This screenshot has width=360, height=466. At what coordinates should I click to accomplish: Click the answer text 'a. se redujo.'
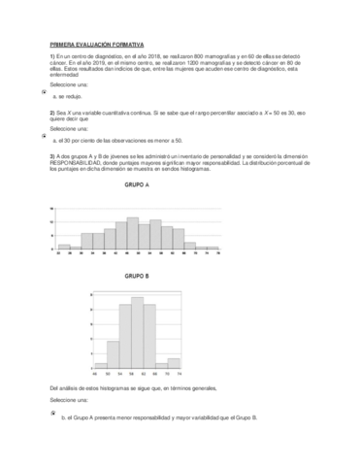coord(67,97)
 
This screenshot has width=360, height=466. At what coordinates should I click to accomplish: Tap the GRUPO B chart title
coord(137,278)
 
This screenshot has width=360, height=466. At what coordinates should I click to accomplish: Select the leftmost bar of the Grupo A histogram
coord(64,247)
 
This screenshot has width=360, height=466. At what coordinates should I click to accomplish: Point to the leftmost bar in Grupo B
coord(100,366)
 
